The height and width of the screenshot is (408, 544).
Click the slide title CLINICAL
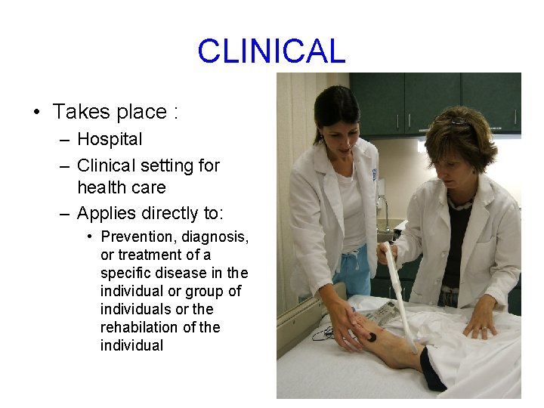pos(271,51)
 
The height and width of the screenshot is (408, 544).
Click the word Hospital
pos(110,139)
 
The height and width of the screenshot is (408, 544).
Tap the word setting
pos(164,165)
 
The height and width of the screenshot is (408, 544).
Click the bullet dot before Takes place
pos(36,113)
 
